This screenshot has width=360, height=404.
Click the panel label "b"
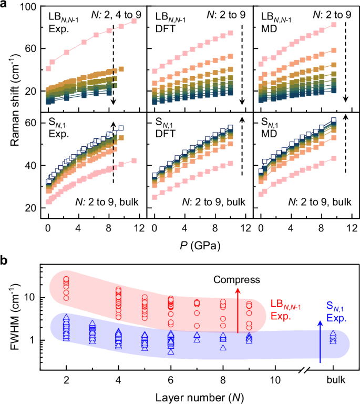pos(5,260)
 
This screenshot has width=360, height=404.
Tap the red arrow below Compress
pos(238,310)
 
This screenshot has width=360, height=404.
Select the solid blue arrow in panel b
pos(320,342)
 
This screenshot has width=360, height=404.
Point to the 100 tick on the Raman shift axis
pos(29,7)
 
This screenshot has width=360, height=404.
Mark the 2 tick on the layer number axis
pos(66,379)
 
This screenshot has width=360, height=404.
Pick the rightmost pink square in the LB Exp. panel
pos(133,21)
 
